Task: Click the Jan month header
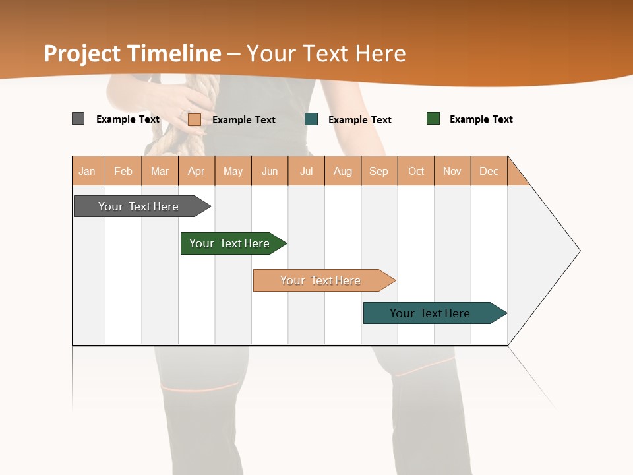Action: (x=88, y=171)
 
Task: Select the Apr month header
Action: (x=196, y=171)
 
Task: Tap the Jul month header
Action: (x=306, y=171)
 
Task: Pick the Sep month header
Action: (x=379, y=171)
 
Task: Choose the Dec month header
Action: (x=489, y=171)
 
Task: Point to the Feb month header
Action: (x=123, y=171)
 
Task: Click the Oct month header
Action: (x=416, y=171)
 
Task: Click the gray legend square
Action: (x=78, y=119)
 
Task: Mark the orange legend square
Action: (x=195, y=119)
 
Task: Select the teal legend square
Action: (x=311, y=119)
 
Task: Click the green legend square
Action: (x=433, y=119)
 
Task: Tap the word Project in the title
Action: (x=82, y=53)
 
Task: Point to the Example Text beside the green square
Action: (x=481, y=119)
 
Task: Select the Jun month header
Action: (x=270, y=171)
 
